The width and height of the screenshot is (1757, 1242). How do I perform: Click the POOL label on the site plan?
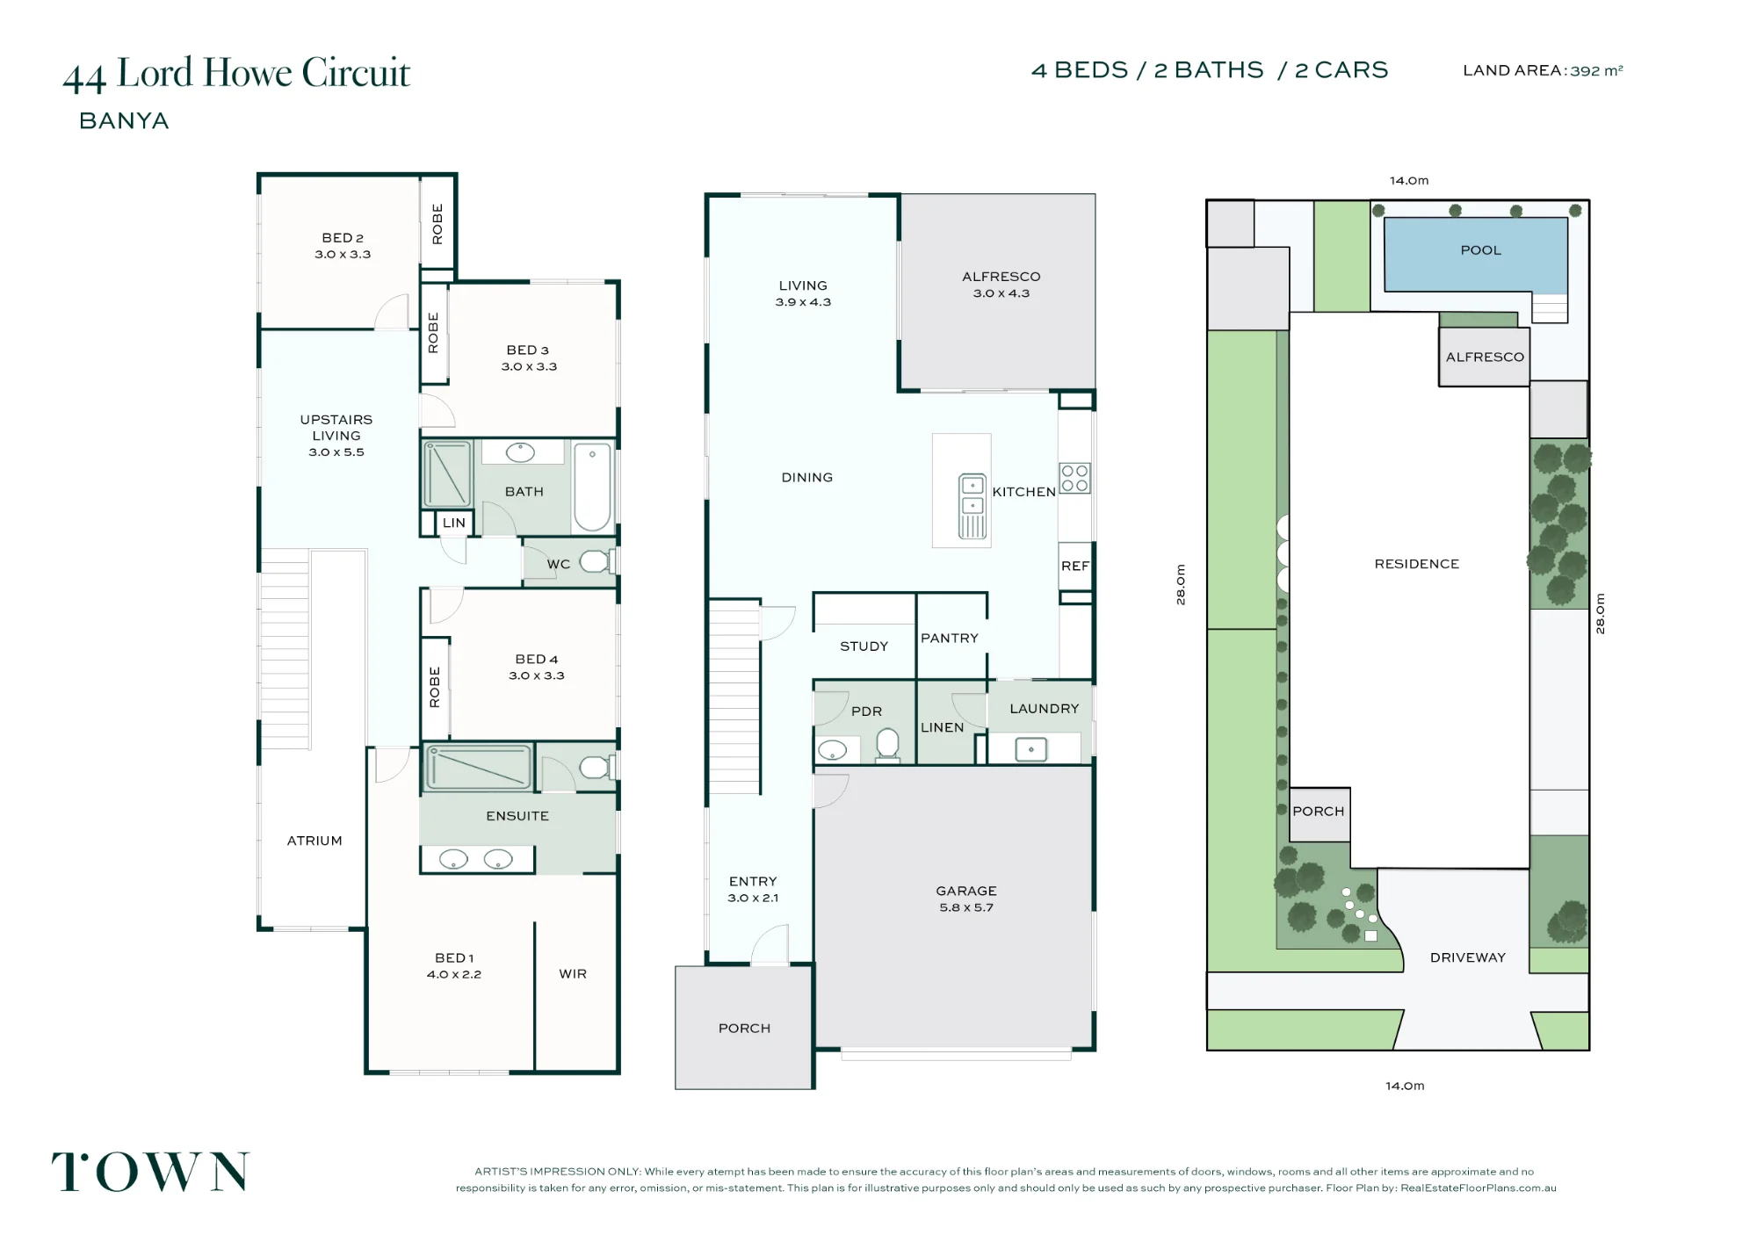pyautogui.click(x=1480, y=250)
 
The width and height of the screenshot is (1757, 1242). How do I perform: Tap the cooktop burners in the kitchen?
pyautogui.click(x=1074, y=478)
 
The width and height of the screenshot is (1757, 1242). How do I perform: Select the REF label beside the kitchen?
pyautogui.click(x=1074, y=567)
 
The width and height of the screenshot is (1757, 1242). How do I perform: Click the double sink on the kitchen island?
pyautogui.click(x=972, y=506)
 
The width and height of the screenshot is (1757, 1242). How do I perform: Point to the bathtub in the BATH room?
pyautogui.click(x=592, y=487)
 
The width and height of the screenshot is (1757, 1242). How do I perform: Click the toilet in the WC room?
pyautogui.click(x=597, y=561)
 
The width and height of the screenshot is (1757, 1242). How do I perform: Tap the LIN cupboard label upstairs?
pyautogui.click(x=453, y=523)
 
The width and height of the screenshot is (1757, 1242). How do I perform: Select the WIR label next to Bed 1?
pyautogui.click(x=573, y=974)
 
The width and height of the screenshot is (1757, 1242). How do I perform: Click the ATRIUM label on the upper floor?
pyautogui.click(x=315, y=841)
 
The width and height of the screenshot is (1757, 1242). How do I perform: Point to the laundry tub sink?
pyautogui.click(x=1030, y=749)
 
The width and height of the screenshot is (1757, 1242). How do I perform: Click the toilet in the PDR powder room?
pyautogui.click(x=888, y=745)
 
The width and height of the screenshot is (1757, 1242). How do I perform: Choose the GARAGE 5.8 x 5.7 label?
pyautogui.click(x=966, y=899)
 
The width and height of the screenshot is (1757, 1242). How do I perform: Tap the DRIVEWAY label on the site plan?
pyautogui.click(x=1468, y=957)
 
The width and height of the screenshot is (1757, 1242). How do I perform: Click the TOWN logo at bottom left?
pyautogui.click(x=150, y=1172)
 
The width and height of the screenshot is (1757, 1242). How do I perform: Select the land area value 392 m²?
pyautogui.click(x=1596, y=70)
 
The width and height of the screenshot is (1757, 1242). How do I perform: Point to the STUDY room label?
pyautogui.click(x=864, y=646)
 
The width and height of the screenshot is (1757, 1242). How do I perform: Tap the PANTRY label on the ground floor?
pyautogui.click(x=950, y=639)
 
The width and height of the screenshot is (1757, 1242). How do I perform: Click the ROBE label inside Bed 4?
pyautogui.click(x=434, y=687)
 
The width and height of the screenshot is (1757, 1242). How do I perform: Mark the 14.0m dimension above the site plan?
pyautogui.click(x=1409, y=181)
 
